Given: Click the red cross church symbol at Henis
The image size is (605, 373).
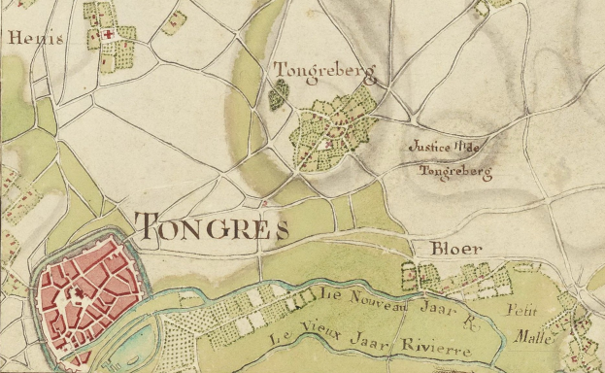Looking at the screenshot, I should click(x=108, y=34).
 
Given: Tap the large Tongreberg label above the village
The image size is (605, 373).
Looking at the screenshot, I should click(x=322, y=71).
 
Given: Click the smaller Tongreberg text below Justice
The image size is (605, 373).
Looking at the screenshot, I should click(x=454, y=173).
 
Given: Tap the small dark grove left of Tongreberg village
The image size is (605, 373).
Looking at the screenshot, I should click(x=280, y=94).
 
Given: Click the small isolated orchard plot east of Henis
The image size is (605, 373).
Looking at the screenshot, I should click(x=174, y=21).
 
